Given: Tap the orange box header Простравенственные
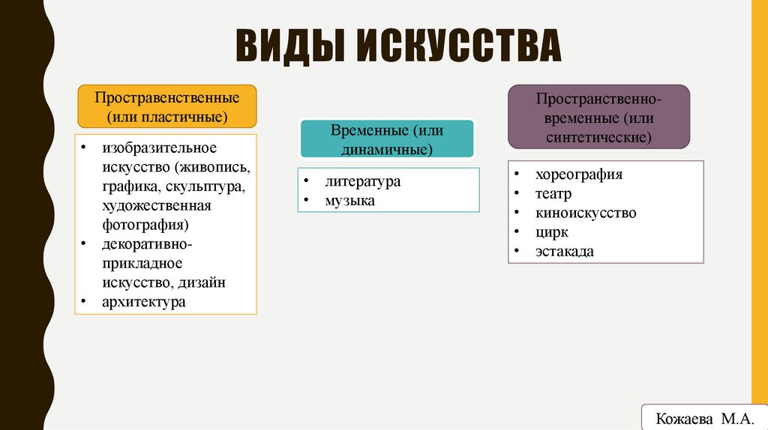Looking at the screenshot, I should [x=166, y=106].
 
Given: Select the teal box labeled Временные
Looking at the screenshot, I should [x=387, y=139].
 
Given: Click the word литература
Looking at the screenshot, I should [x=363, y=181].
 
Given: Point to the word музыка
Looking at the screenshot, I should [x=350, y=201].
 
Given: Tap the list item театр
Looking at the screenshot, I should [x=553, y=194].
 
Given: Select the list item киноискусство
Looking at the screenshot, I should [x=586, y=213].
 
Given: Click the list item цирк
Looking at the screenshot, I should [x=551, y=232].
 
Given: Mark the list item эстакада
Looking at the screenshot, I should [x=564, y=252].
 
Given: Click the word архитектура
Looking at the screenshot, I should [x=144, y=302].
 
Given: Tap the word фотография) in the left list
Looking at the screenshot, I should [x=145, y=224].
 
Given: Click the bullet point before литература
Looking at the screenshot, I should [x=307, y=182].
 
